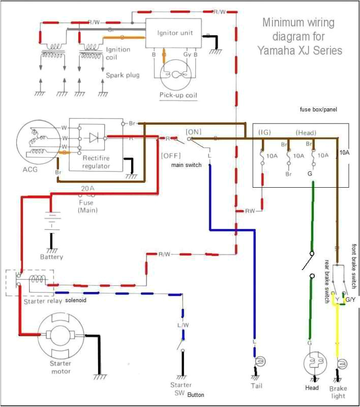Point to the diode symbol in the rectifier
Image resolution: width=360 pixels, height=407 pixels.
pos(93,138)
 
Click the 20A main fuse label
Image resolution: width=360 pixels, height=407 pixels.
pos(88,188)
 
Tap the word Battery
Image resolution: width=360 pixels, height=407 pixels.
pos(51,256)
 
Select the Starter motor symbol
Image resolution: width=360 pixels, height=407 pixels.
pos(61,337)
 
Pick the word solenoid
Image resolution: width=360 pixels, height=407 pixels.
pos(75,301)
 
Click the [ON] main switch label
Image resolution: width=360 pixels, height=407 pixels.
pos(194,131)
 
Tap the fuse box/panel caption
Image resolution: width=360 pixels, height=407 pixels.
pos(318,109)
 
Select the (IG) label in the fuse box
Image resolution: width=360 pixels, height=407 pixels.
pos(264,132)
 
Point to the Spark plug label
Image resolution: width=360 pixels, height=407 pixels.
pos(123,75)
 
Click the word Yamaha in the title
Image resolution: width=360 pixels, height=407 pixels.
pos(278,50)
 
